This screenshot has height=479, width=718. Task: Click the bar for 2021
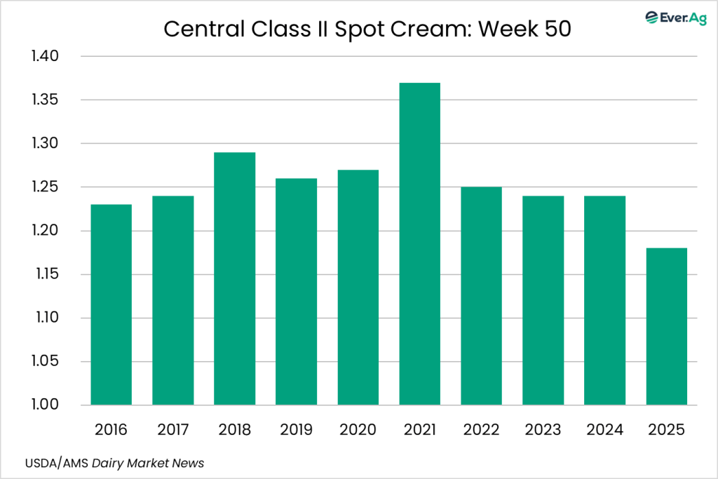coord(419,244)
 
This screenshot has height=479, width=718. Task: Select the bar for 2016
coord(111,304)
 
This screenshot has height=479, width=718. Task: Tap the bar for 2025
coord(666,326)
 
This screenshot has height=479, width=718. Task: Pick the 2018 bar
coord(234,278)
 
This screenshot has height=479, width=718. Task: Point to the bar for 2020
coord(358,288)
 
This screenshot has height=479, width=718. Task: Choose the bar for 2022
coord(481,296)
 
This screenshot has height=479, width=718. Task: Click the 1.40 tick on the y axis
coord(46,56)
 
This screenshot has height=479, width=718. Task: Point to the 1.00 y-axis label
coord(46,405)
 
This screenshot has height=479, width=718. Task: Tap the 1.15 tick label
coord(46,274)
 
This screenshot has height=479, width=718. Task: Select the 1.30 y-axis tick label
coord(46,143)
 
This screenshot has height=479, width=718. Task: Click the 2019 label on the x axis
coord(296,429)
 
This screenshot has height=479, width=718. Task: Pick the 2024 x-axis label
coord(604,429)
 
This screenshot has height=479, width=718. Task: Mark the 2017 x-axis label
coord(172,429)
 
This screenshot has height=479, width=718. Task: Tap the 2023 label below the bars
coord(543,429)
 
